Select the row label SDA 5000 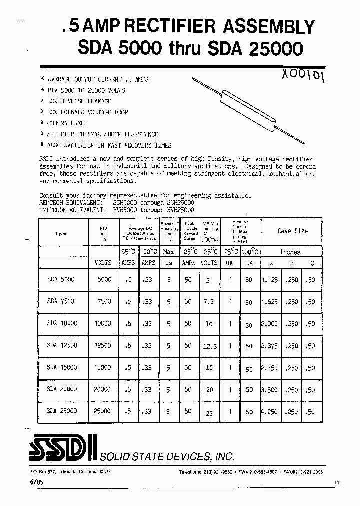coord(61,280)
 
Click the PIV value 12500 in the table coord(102,345)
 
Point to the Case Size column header coord(292,231)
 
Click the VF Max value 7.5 coord(209,302)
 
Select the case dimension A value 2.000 coord(269,324)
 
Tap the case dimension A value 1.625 coord(269,302)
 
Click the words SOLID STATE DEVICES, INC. coord(167,457)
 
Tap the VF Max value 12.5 coord(209,346)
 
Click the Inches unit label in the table coord(290,252)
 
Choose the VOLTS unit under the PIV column coord(103,263)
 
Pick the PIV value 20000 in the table coord(102,389)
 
